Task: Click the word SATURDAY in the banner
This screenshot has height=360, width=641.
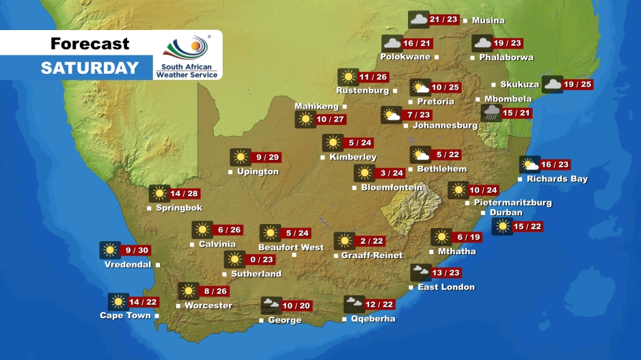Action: pos(90,68)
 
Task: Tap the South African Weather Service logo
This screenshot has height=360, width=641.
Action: pos(187,56)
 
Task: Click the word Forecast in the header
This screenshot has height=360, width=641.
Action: pos(90,44)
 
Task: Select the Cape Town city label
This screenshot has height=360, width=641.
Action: pos(125,316)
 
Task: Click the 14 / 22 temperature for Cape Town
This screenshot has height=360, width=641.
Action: pos(144,302)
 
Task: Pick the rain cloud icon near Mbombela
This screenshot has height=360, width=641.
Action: pos(490,113)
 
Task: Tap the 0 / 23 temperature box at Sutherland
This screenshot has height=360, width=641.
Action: pos(262,260)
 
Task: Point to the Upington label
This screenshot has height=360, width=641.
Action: pos(258,171)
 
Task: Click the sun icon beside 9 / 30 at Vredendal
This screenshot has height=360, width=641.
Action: pos(109,251)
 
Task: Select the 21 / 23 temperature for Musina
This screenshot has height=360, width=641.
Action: pos(444,20)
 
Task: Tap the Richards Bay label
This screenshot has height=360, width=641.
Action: pos(557,179)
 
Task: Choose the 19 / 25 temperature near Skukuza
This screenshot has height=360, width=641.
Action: pos(578,85)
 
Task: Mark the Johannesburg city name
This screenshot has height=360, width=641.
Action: pos(445,126)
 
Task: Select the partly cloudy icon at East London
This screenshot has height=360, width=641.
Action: pos(420,273)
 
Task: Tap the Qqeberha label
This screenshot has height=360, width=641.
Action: pos(372,319)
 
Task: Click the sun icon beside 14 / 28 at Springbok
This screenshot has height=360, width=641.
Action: pos(159,193)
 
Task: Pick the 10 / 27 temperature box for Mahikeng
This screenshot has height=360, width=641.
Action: pos(331,120)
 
